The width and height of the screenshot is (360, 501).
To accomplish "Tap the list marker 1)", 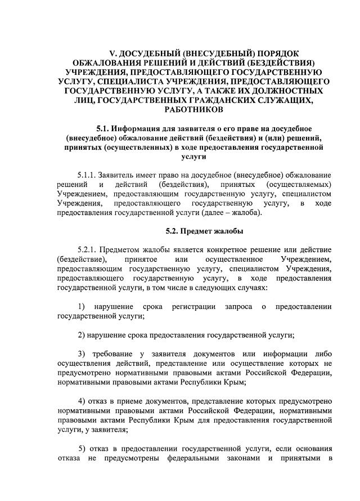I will coord(82,307).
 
